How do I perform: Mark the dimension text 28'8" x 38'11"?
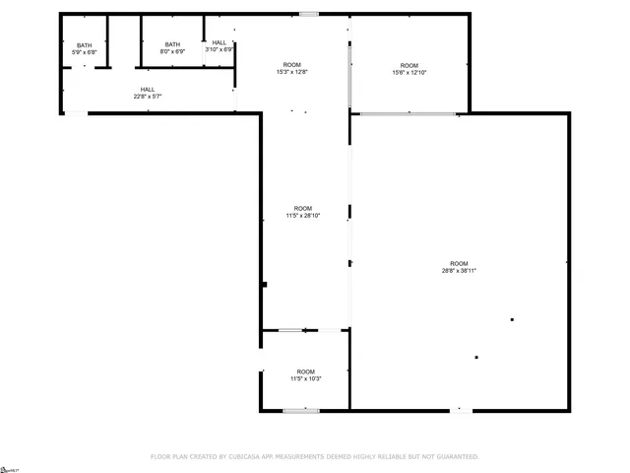click(459, 271)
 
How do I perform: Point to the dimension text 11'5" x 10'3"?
click(305, 378)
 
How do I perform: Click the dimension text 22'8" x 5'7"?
click(147, 97)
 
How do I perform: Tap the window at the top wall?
click(309, 14)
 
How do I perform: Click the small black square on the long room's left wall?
click(265, 285)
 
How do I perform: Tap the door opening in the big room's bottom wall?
click(461, 410)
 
